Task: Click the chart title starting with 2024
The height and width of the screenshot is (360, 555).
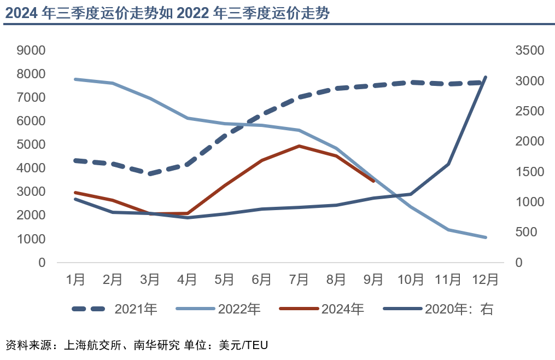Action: coord(167,13)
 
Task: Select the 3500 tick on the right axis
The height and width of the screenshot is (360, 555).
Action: coord(529,50)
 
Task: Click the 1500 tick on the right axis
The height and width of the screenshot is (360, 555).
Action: coord(529,172)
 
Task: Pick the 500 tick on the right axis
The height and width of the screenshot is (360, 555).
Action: coord(529,233)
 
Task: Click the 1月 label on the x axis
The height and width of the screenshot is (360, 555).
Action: coord(75,280)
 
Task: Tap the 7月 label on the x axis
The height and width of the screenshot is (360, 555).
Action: coord(299,280)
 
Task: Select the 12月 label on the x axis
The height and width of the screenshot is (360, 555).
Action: coord(485,280)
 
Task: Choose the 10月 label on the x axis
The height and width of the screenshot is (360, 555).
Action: coord(411,280)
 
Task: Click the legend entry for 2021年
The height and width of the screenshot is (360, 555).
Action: coord(115,309)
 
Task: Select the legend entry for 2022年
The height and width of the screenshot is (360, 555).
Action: coord(218,309)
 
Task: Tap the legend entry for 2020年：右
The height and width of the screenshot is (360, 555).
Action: coord(438,309)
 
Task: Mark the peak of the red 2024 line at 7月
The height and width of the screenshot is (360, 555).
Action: coord(299,146)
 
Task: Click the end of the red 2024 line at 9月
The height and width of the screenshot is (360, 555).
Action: coord(373,181)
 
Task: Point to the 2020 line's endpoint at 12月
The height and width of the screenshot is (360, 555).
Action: coord(485,77)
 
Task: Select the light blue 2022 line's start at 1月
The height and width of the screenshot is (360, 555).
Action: coord(75,79)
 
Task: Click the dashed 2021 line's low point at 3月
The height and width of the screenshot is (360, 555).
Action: coord(150,174)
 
